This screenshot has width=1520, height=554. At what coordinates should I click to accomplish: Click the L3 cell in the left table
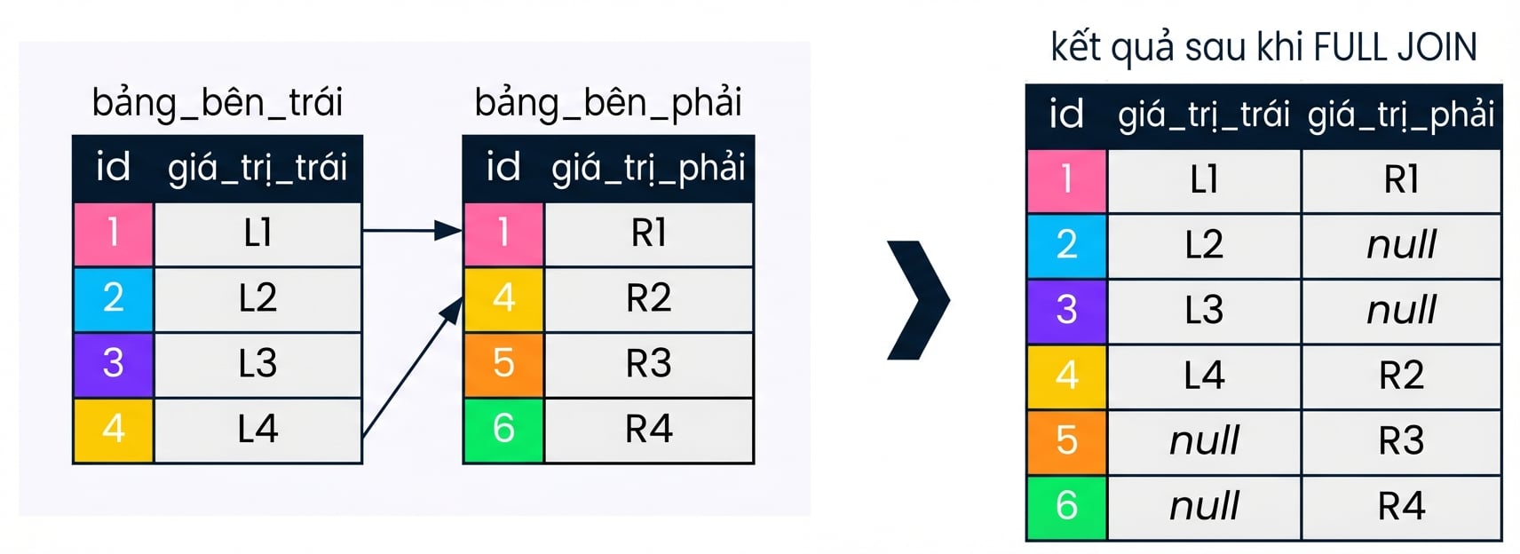(x=257, y=364)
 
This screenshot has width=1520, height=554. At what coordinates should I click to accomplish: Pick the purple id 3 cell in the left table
(x=114, y=364)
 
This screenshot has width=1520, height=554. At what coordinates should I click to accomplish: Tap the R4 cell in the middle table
(x=649, y=429)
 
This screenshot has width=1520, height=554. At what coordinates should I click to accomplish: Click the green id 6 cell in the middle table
(x=503, y=429)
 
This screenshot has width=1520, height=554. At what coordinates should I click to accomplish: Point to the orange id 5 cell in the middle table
(x=503, y=364)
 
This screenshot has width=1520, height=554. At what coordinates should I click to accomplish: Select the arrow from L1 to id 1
(x=413, y=231)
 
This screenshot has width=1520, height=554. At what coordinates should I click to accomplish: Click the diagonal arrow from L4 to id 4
(x=413, y=368)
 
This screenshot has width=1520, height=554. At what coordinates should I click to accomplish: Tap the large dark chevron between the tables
(x=919, y=299)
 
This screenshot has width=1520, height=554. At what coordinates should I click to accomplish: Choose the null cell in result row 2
(x=1401, y=245)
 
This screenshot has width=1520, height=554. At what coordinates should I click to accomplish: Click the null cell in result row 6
(x=1205, y=506)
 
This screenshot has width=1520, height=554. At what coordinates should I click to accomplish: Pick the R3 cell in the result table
(x=1401, y=441)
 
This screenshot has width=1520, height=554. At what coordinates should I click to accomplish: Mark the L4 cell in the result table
(x=1205, y=376)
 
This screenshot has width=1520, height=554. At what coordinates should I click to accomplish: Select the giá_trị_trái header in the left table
(x=257, y=169)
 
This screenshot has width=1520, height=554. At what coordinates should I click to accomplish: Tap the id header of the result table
(x=1066, y=114)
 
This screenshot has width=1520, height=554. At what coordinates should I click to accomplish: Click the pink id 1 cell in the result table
(x=1066, y=180)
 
